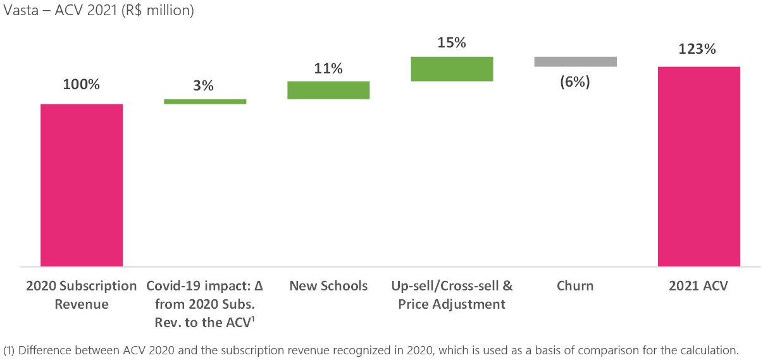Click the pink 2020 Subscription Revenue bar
click(82, 185)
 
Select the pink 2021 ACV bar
click(698, 166)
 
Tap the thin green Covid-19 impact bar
click(205, 101)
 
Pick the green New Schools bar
click(328, 90)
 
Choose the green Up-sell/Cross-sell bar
click(452, 69)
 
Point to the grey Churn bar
click(575, 61)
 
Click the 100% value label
click(81, 84)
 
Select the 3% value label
click(204, 85)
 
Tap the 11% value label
click(328, 68)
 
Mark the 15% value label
click(452, 43)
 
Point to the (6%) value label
click(575, 82)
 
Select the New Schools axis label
click(328, 286)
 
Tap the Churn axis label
click(575, 286)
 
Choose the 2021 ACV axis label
click(698, 286)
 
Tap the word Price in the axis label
click(415, 304)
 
